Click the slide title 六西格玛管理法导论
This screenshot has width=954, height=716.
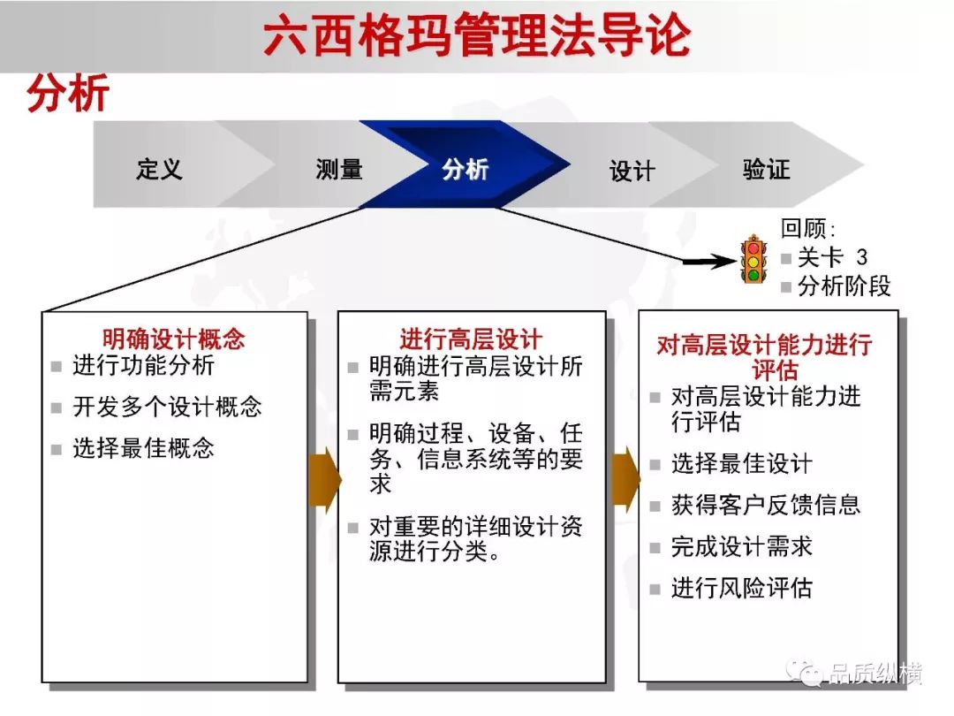click(x=477, y=35)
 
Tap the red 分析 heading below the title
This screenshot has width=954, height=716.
click(x=67, y=93)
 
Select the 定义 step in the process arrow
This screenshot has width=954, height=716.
click(x=159, y=169)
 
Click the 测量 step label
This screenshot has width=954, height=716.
click(x=339, y=169)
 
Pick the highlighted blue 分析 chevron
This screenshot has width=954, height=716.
click(x=466, y=165)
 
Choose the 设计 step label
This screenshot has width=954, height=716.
click(x=632, y=171)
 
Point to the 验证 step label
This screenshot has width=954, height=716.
click(x=767, y=169)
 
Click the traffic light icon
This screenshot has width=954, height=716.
click(x=753, y=259)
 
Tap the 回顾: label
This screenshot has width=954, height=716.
click(x=808, y=229)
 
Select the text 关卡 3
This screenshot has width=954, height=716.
click(x=832, y=257)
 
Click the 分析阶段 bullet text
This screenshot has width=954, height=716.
click(x=844, y=286)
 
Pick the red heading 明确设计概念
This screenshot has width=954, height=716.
click(x=173, y=339)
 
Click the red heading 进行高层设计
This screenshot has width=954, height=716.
click(x=471, y=339)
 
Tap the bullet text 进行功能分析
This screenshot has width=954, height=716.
click(x=144, y=365)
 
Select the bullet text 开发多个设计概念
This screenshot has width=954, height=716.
click(x=167, y=407)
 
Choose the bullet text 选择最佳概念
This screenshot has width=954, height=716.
click(x=144, y=448)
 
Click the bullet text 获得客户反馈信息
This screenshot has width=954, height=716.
click(x=766, y=505)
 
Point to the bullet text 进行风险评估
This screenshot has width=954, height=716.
click(x=742, y=588)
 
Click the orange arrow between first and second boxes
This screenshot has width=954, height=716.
click(x=325, y=480)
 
